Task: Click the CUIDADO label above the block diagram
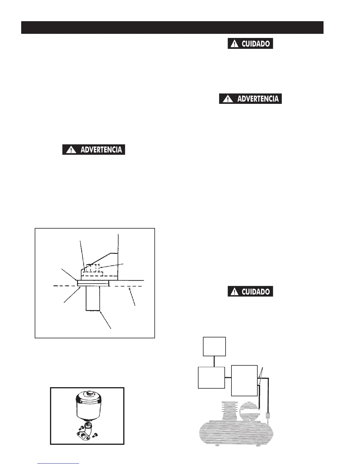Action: pyautogui.click(x=250, y=291)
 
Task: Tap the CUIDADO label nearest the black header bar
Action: pyautogui.click(x=250, y=44)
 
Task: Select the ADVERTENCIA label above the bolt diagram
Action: pyautogui.click(x=94, y=149)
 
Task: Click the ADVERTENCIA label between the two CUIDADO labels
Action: pyautogui.click(x=250, y=99)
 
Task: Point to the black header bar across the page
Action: pyautogui.click(x=172, y=27)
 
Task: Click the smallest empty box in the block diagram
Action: pyautogui.click(x=214, y=347)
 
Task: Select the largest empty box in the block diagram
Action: pyautogui.click(x=244, y=380)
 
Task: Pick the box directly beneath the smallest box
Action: pyautogui.click(x=211, y=377)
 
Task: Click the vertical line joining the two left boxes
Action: pyautogui.click(x=214, y=361)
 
